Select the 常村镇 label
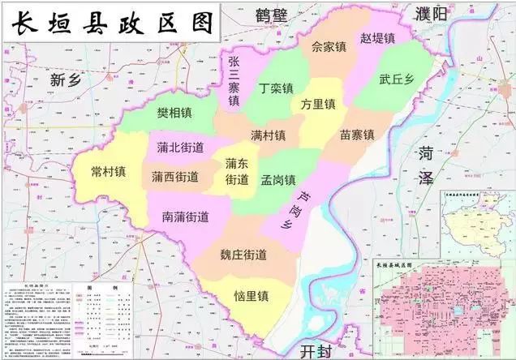pyautogui.click(x=108, y=171)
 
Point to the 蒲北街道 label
pyautogui.click(x=180, y=148)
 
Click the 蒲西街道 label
pyautogui.click(x=174, y=176)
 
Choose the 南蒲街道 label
pyautogui.click(x=185, y=216)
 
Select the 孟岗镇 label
pyautogui.click(x=278, y=179)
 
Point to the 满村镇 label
pyautogui.click(x=268, y=135)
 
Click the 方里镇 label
pyautogui.click(x=318, y=105)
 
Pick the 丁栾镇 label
pyautogui.click(x=276, y=88)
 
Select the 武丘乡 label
pyautogui.click(x=397, y=79)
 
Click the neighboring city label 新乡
pyautogui.click(x=67, y=79)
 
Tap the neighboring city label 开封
pyautogui.click(x=312, y=350)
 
